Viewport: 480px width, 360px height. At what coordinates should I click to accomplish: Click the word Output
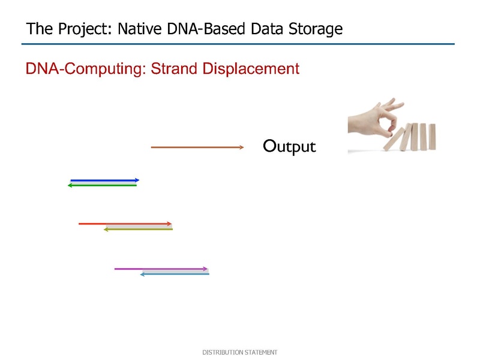coord(289,146)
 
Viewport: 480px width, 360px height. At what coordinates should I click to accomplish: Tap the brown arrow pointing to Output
coord(197,147)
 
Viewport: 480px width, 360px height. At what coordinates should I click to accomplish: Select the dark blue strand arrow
coord(104,181)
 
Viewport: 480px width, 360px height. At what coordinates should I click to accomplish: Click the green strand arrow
coord(102,185)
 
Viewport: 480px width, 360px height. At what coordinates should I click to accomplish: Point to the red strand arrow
coord(125,224)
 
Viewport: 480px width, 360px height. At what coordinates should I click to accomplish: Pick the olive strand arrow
coord(138,229)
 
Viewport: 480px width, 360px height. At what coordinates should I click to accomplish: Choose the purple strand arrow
coord(161,269)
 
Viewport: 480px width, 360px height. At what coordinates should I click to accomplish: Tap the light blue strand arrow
coord(175,274)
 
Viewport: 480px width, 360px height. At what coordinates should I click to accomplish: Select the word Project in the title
coord(85,29)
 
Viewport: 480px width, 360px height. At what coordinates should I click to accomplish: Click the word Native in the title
coord(140,29)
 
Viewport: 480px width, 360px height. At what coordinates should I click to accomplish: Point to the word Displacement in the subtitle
coord(251,68)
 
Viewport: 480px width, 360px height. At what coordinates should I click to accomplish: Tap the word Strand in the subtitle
coord(173,68)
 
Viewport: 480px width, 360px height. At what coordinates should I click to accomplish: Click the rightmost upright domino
coord(432,137)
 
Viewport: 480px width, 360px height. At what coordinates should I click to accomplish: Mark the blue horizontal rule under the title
coord(238,44)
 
